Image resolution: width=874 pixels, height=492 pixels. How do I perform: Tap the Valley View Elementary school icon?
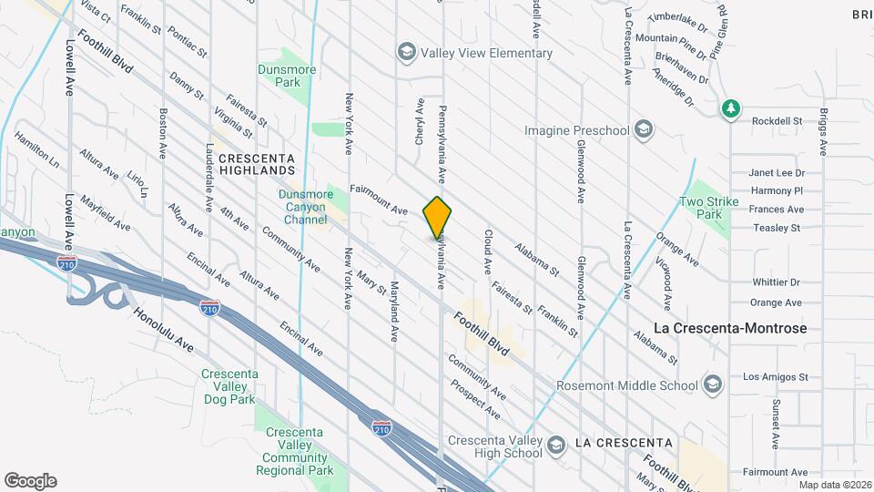[406, 53]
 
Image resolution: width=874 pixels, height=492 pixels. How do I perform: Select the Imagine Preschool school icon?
[645, 130]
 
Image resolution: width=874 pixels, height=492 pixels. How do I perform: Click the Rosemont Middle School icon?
[712, 382]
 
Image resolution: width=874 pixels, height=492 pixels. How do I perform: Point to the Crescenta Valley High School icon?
[555, 444]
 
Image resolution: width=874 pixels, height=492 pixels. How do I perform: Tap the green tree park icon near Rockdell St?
[729, 109]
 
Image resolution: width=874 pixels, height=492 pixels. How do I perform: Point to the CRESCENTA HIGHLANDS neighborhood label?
[257, 163]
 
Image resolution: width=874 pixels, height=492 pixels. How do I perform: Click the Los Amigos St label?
[776, 376]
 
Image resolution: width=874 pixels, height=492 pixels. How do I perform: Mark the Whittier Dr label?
[776, 282]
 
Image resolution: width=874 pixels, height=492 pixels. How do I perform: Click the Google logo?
[30, 481]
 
